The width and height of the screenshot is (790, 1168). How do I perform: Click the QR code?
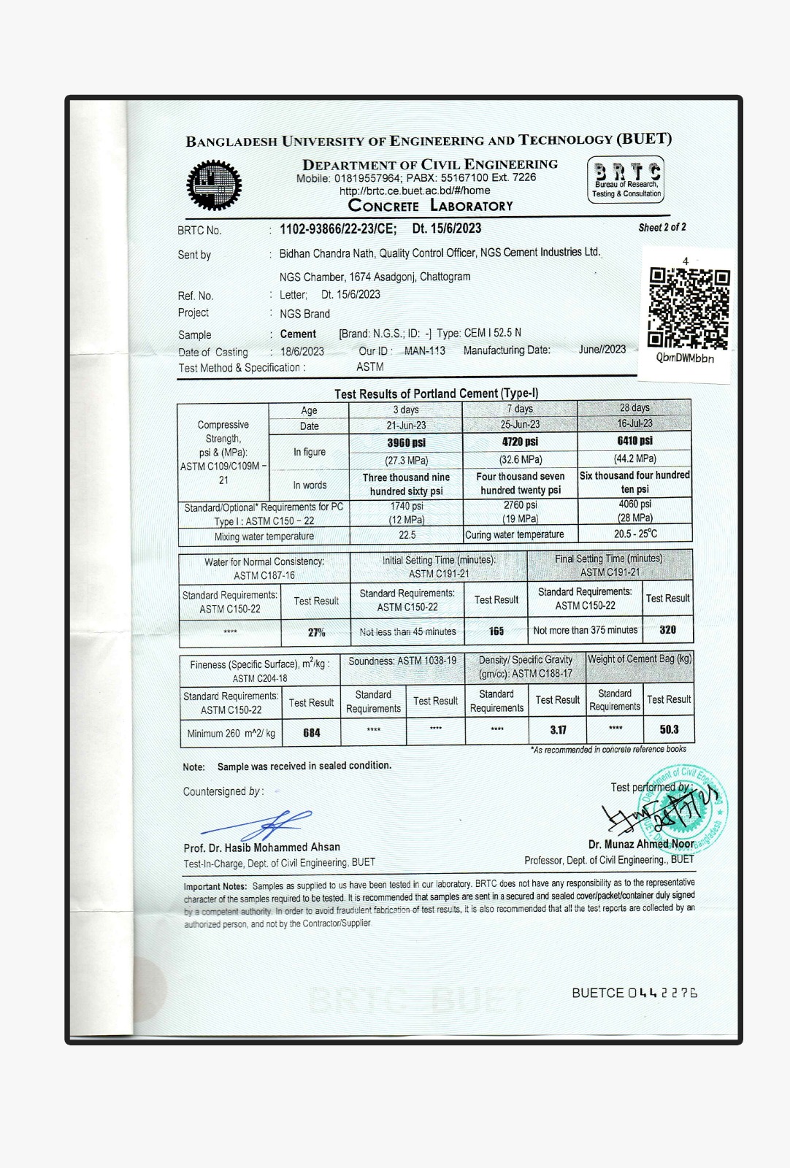pos(689,309)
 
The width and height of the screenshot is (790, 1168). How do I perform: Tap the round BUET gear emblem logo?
pos(213,185)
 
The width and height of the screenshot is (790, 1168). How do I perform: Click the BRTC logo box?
pos(626,180)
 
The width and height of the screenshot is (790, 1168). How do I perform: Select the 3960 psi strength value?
pos(406,443)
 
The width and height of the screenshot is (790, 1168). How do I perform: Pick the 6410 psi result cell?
pos(634,441)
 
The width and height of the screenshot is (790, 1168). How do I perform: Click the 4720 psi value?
pos(520,442)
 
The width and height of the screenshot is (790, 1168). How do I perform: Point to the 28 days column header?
pos(634,408)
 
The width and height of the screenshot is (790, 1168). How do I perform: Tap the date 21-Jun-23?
pos(406,426)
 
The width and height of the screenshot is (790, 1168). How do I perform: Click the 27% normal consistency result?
pos(316,632)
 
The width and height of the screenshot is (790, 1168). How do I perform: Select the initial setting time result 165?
pos(496,631)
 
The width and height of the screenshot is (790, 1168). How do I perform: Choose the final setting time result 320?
pos(667,629)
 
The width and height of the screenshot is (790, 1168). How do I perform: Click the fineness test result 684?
pos(312,733)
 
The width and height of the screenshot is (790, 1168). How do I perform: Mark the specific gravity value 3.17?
pos(558,730)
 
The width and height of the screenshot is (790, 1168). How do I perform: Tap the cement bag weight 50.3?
pos(669,729)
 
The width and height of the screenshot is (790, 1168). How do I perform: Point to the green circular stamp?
pos(683,810)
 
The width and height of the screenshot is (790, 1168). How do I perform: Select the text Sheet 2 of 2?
pos(662,228)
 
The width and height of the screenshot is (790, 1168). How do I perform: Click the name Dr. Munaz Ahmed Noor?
pos(641,844)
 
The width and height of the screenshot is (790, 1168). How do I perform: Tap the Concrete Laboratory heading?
pos(430,206)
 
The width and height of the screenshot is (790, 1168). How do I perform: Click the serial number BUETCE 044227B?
pos(634,993)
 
